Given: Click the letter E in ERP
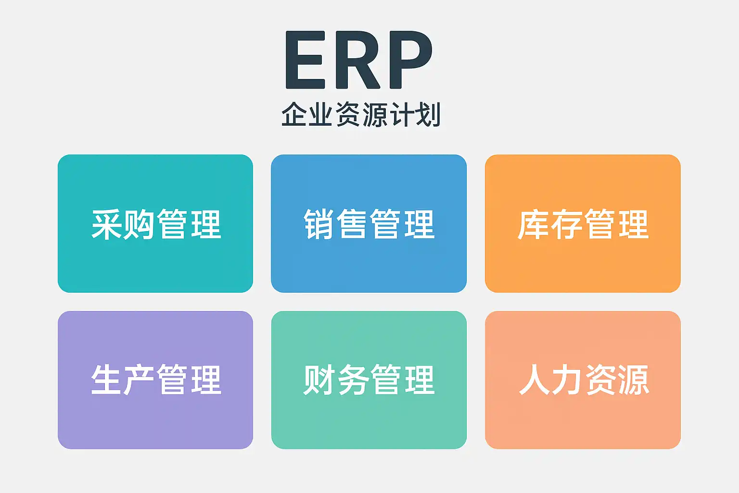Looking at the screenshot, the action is click(306, 60).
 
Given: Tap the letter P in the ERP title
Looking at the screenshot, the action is click(411, 60).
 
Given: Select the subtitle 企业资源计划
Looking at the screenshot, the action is click(361, 114).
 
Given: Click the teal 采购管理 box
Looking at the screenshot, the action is click(155, 223).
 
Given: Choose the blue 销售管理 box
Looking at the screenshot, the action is click(369, 223).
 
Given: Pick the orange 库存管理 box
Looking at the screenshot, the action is click(583, 223).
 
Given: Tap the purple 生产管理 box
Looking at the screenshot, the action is click(155, 380).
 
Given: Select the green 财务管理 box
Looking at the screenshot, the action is click(369, 380).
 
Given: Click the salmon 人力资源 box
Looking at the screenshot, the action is click(583, 380).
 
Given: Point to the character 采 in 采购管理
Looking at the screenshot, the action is click(106, 224).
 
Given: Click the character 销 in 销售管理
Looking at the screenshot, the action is click(319, 224).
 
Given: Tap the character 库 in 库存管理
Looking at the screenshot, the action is click(534, 224).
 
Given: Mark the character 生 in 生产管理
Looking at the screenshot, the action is click(106, 380).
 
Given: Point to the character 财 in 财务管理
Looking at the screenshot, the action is click(319, 380).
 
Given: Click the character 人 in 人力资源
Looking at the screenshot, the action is click(535, 380).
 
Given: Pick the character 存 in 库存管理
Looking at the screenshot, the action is click(566, 224).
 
